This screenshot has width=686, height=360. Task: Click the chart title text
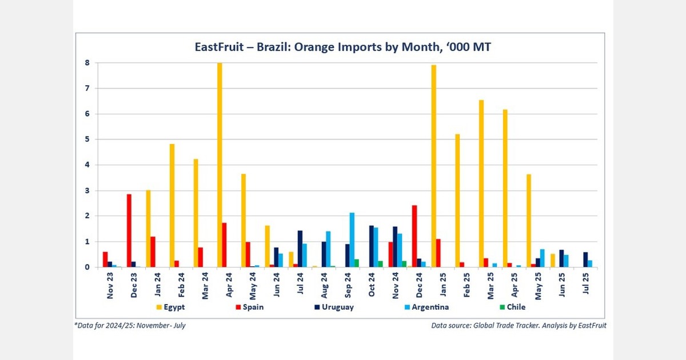[x=343, y=47]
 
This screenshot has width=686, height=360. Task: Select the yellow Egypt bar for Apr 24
[x=220, y=165]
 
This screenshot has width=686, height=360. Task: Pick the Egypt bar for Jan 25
[x=434, y=166]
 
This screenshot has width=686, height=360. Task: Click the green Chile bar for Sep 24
[x=357, y=263]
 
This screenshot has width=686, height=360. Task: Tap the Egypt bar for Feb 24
[x=172, y=206]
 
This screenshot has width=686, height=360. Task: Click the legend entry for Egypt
[x=169, y=307]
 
